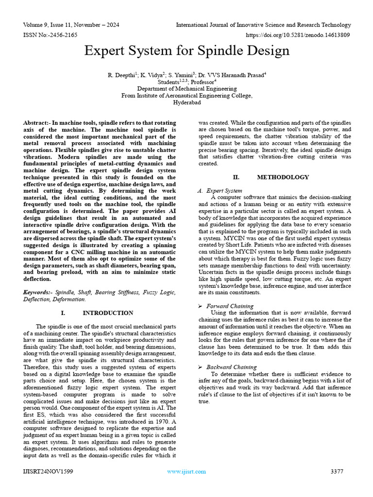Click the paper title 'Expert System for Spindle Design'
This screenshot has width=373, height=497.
[x=186, y=51]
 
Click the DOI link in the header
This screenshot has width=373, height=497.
[x=298, y=35]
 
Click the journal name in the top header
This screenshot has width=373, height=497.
[x=263, y=25]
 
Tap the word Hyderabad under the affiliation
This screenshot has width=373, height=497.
[x=186, y=103]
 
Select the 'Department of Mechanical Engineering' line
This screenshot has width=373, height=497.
[x=186, y=89]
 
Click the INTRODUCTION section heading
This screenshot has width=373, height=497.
[x=107, y=313]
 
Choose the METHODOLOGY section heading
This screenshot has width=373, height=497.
[x=283, y=177]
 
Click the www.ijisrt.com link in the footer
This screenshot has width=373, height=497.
[x=186, y=471]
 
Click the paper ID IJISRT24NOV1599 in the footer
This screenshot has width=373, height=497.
[x=48, y=471]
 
